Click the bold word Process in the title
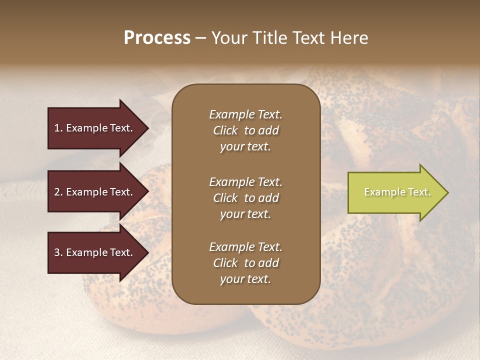pos(157,38)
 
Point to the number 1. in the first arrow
pos(58,128)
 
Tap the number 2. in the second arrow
pos(58,192)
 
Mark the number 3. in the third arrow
pos(58,252)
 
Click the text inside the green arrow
pos(397,192)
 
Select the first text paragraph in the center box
pos(245,130)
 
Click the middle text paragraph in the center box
pos(245,198)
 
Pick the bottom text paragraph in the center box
pos(245,263)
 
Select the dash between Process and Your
pos(200,38)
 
